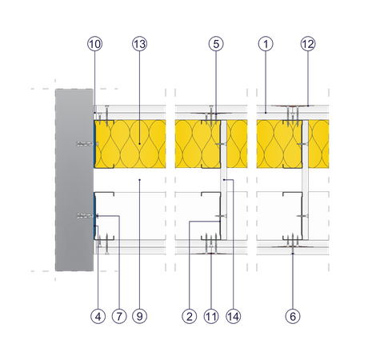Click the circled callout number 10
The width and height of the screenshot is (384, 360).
94,44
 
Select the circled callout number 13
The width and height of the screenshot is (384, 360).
139,44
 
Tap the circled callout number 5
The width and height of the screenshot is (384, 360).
216,44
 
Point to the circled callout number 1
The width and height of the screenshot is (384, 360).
266,44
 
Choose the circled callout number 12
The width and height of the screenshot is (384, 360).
308,44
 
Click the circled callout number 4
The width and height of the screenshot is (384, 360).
98,317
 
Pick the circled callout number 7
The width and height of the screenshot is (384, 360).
119,317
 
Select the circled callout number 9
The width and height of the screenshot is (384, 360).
139,317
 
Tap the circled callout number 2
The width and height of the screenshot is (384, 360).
190,317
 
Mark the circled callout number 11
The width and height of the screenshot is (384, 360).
211,317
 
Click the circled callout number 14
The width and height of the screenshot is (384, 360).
233,317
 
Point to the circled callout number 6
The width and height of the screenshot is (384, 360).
293,317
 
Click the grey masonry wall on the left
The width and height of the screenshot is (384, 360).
74,180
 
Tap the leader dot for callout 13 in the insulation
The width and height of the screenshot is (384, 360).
139,144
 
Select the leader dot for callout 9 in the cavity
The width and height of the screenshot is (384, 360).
139,180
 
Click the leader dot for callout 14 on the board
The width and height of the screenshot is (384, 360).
224,180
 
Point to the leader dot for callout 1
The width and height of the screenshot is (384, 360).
266,113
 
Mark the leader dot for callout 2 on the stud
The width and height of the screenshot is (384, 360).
220,222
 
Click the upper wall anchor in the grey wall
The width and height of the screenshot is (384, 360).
86,144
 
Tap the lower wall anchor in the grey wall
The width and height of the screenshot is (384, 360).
86,215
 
